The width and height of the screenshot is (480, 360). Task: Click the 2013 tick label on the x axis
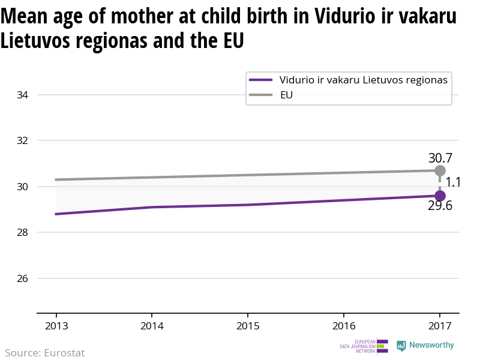(56, 326)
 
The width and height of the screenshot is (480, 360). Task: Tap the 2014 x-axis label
(152, 326)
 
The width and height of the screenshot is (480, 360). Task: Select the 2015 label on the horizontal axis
(248, 326)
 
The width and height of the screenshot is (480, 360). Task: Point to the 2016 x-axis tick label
(343, 326)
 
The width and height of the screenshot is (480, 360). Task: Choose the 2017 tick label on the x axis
(439, 326)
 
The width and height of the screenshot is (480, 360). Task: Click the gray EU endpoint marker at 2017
(440, 171)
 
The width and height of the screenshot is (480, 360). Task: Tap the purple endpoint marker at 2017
(440, 196)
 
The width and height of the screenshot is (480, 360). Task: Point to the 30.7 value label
(440, 158)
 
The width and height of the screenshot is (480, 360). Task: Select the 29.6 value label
(440, 206)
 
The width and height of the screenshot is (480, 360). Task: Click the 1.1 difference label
(453, 182)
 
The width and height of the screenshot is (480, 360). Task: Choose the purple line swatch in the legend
(260, 80)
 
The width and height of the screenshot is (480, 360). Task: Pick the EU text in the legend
(286, 95)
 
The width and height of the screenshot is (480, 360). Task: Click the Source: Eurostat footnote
(45, 353)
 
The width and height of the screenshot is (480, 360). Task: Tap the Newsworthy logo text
(431, 345)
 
